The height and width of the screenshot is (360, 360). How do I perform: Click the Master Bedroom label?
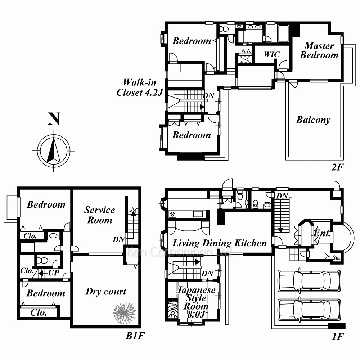click(319, 50)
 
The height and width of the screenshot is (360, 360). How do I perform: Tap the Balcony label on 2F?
click(314, 120)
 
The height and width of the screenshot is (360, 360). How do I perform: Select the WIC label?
click(271, 54)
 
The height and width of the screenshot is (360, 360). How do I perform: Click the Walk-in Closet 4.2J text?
click(140, 87)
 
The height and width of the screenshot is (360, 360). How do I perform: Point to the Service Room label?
click(100, 215)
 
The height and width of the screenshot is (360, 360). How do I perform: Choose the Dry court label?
click(106, 291)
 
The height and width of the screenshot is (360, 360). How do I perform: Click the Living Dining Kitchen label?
click(220, 243)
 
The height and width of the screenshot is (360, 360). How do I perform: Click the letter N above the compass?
click(54, 119)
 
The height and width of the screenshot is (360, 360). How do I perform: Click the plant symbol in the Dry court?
click(124, 313)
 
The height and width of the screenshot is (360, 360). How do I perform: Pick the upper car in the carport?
click(309, 280)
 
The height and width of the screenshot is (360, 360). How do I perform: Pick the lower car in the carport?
click(309, 309)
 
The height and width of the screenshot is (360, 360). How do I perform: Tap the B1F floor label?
click(135, 336)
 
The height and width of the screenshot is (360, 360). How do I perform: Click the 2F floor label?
click(337, 167)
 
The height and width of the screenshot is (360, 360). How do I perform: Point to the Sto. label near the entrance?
click(337, 258)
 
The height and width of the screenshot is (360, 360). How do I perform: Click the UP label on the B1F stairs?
click(54, 273)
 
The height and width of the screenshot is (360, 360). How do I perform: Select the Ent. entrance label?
click(322, 233)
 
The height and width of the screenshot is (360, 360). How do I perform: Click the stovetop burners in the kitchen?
click(172, 214)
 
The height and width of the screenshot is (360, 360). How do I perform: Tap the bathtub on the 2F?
click(283, 33)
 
